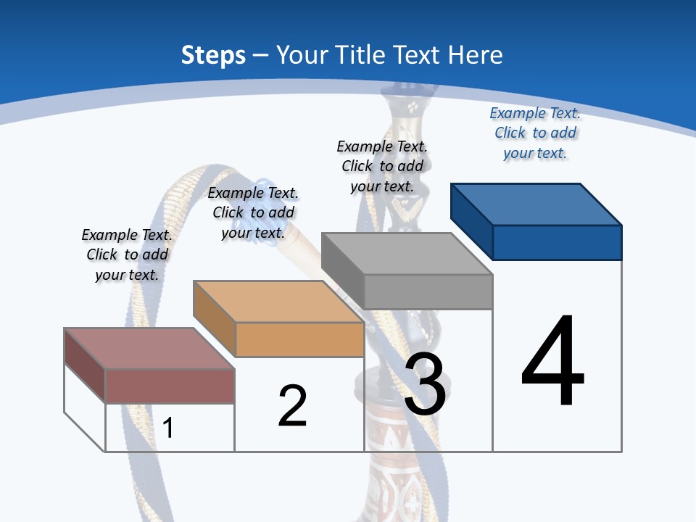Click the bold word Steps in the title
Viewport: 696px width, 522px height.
tap(213, 55)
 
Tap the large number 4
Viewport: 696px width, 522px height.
tap(552, 362)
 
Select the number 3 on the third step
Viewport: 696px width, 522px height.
tap(425, 384)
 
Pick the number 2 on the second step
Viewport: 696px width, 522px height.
tap(292, 406)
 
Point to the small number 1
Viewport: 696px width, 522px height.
tap(167, 428)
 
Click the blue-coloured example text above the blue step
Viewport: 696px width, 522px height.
tap(535, 133)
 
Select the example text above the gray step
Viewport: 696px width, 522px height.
tap(382, 166)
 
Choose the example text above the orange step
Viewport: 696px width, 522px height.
tap(253, 212)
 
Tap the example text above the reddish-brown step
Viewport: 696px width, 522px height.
tap(127, 254)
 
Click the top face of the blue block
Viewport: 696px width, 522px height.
tap(536, 204)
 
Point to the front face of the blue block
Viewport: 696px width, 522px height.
tap(557, 242)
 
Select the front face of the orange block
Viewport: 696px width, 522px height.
tap(299, 339)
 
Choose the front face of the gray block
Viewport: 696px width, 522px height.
tap(428, 291)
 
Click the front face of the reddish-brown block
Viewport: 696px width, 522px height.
tap(170, 386)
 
